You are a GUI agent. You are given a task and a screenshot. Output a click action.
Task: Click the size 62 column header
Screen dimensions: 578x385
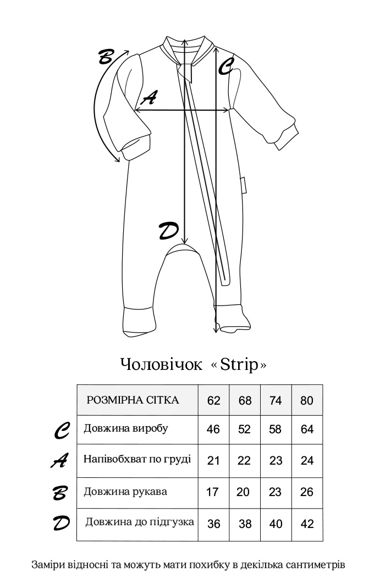coord(213,400)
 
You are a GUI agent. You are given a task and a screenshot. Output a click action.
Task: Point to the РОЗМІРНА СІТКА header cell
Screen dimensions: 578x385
coord(133,400)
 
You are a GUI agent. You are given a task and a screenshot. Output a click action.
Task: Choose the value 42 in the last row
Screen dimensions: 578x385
coord(307,524)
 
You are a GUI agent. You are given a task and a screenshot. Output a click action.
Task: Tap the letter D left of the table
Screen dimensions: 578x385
coord(61,523)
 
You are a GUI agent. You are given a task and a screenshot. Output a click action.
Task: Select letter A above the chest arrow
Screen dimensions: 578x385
coord(148,98)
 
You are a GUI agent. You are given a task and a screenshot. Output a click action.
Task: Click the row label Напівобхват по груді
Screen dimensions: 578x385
coord(137,459)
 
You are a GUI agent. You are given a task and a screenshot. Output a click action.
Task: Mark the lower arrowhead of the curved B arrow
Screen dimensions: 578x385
coord(117,160)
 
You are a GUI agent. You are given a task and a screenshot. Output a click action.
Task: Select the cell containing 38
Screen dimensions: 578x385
coord(245,524)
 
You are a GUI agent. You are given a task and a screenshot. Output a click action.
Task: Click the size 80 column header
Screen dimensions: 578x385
coord(307,400)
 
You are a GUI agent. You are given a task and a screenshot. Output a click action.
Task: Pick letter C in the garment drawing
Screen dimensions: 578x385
coord(227,67)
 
